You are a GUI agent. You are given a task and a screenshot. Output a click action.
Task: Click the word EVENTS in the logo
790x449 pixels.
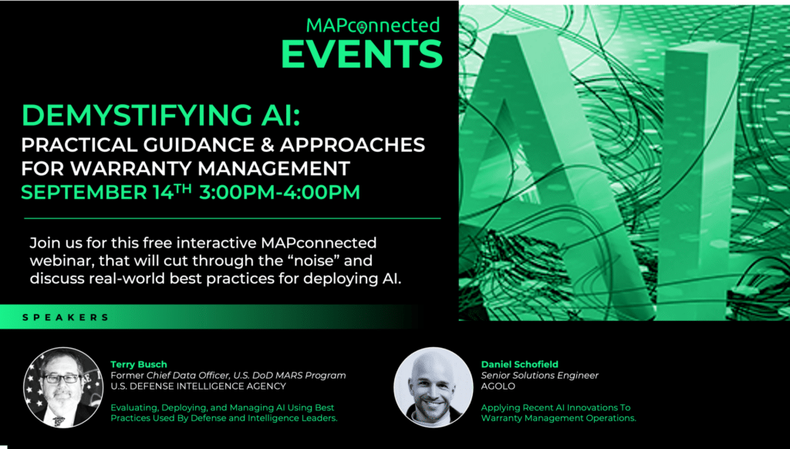point(362,54)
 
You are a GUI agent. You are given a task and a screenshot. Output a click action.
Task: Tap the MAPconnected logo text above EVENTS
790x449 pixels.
point(373,25)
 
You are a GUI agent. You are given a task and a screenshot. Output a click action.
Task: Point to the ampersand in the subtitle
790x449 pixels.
point(266,145)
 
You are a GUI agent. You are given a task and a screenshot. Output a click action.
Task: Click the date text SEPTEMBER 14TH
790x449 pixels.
point(106,191)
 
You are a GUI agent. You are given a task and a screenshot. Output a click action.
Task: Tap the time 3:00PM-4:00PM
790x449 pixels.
point(279,192)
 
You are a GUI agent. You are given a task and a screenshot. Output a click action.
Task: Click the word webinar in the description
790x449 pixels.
point(60,261)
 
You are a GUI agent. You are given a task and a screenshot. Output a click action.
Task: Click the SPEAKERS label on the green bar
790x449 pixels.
point(66,318)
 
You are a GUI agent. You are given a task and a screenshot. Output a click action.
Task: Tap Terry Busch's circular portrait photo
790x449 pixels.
point(63,387)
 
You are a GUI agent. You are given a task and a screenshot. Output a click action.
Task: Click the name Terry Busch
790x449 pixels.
point(139,364)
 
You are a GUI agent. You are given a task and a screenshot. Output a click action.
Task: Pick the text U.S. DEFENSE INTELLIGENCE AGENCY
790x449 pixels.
point(198,387)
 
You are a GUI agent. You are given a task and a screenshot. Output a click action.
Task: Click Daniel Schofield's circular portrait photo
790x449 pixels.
point(434,387)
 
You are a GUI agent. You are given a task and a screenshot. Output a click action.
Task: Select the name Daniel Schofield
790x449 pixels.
point(519,364)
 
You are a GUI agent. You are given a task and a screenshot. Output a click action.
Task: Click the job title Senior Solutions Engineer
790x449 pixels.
point(539,376)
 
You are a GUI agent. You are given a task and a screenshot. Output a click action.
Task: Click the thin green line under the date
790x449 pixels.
point(232,218)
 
